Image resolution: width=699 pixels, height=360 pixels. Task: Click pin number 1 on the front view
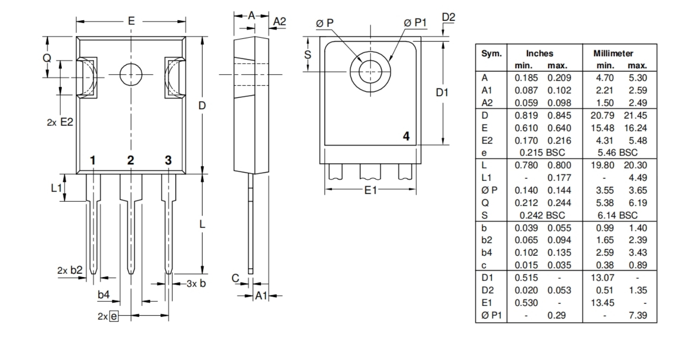93,161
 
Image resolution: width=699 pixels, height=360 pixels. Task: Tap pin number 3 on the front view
168,161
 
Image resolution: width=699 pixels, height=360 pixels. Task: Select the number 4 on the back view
406,136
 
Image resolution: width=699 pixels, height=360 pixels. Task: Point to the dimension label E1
370,190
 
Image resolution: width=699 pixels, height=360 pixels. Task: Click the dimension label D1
442,93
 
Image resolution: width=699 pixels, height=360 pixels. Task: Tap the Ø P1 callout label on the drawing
415,23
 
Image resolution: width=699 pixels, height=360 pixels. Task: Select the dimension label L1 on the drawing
56,188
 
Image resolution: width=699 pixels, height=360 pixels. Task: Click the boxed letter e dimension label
114,316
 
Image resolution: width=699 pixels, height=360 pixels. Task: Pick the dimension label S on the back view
308,55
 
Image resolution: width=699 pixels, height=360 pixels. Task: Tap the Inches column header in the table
539,54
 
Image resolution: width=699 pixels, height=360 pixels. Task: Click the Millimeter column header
613,54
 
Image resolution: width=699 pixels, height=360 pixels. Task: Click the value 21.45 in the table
636,115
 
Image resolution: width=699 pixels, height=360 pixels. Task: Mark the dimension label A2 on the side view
280,21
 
